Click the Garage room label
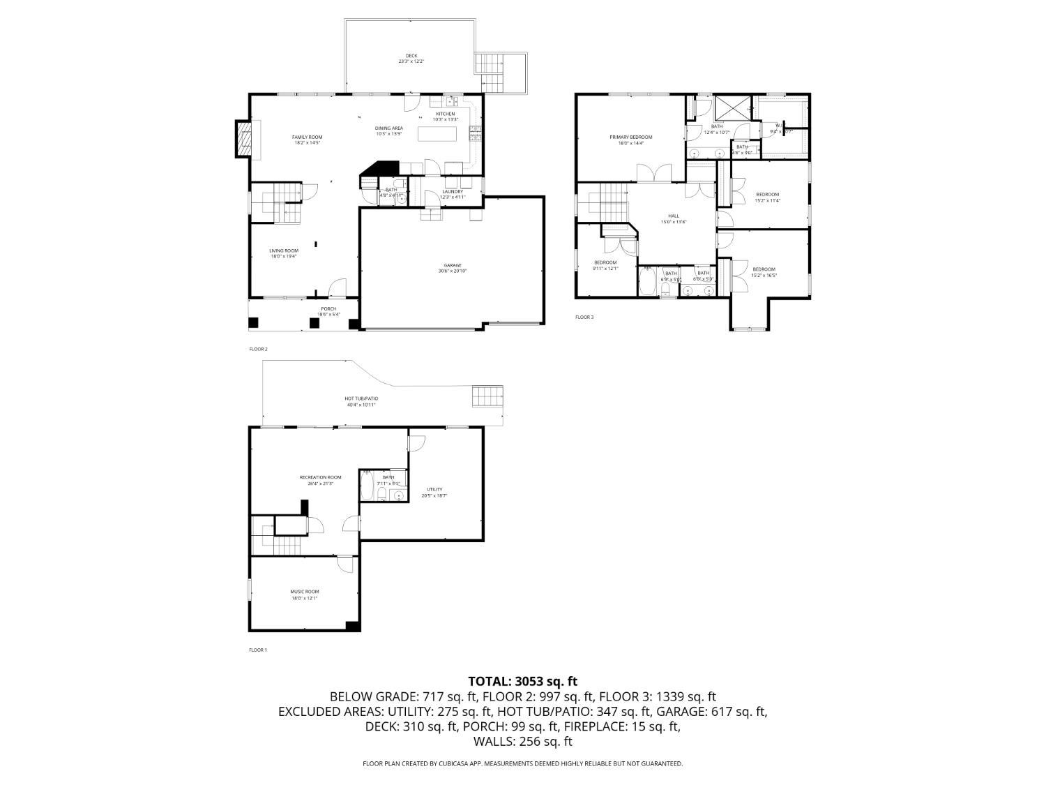(x=453, y=266)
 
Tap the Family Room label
(x=307, y=137)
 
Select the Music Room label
(x=305, y=592)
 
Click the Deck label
(x=411, y=57)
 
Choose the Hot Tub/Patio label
(x=361, y=399)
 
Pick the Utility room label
(x=434, y=490)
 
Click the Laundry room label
(x=452, y=192)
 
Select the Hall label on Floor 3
(x=674, y=216)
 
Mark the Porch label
(x=328, y=309)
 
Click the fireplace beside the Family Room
(x=243, y=139)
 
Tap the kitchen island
(x=437, y=133)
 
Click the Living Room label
(x=284, y=251)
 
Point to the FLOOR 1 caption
(x=258, y=650)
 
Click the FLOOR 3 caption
(x=584, y=317)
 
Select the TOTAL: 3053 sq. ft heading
(x=522, y=681)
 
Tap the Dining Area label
(x=389, y=128)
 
